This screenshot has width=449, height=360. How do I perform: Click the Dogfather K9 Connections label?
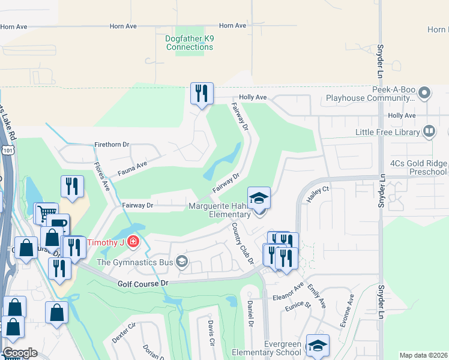(189, 43)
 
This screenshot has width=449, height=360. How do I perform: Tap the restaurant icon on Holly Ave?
(201, 94)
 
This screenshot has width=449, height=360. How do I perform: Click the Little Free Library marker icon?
(429, 131)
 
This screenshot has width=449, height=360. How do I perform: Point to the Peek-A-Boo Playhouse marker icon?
(425, 92)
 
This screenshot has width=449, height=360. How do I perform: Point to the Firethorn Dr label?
(112, 145)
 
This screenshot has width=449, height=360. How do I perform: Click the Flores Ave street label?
(101, 175)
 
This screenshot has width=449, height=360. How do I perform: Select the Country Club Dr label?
(243, 244)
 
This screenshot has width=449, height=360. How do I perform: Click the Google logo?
(19, 353)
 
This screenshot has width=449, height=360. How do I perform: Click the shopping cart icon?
(46, 212)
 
